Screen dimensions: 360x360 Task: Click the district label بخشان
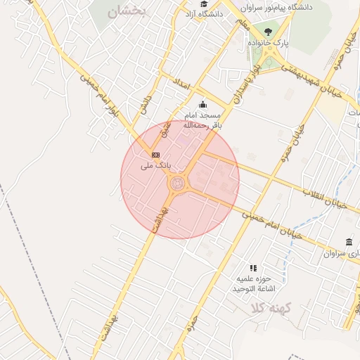click(127, 13)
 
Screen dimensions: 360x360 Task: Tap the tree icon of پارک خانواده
click(268, 32)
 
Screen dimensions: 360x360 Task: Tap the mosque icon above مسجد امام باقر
click(202, 104)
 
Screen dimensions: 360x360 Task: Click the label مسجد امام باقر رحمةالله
click(202, 120)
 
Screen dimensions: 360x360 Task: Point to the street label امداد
click(181, 84)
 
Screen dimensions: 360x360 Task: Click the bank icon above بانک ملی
click(155, 154)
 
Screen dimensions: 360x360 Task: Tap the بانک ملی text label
click(155, 166)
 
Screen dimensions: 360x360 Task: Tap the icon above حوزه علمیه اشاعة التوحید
click(253, 268)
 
